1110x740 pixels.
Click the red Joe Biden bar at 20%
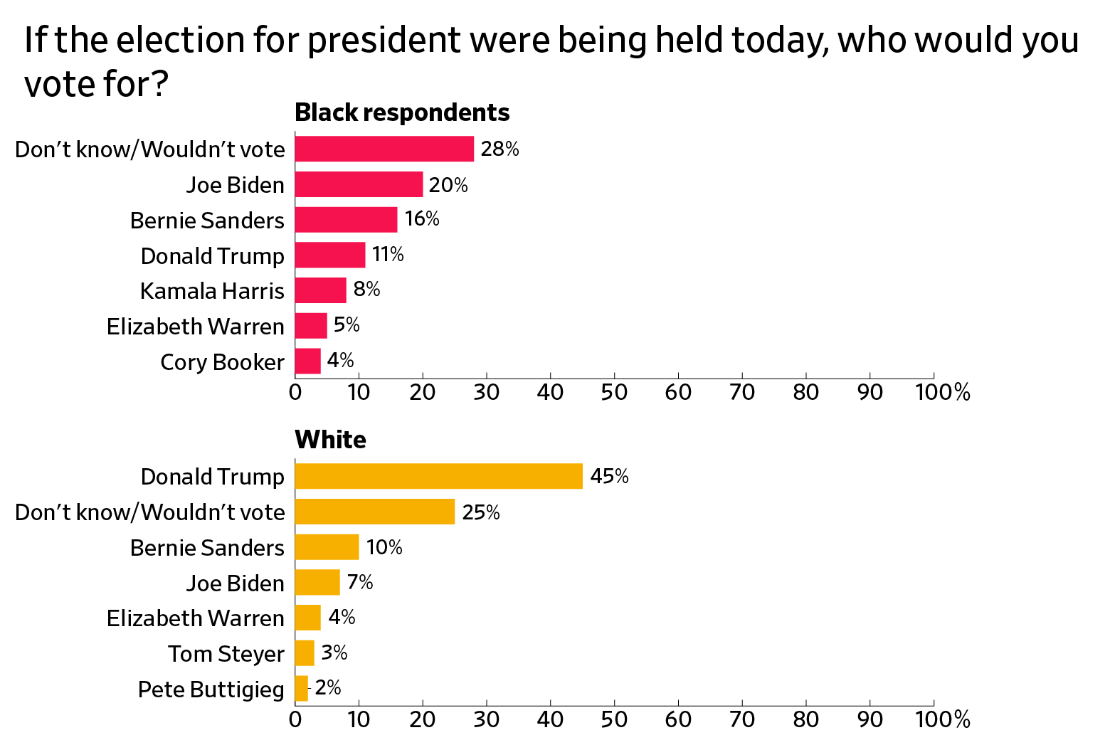point(359,184)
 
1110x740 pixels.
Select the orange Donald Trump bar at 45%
point(438,476)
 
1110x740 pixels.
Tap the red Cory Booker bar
point(307,361)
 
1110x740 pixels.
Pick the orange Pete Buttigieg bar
point(302,689)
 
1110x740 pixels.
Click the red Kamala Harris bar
point(320,290)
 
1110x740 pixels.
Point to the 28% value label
point(499,149)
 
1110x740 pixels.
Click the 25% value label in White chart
point(481,512)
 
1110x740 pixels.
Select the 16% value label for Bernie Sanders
point(422,219)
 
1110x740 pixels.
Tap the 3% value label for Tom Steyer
point(334,652)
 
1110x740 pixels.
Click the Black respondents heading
point(402,112)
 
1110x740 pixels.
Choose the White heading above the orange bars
point(330,440)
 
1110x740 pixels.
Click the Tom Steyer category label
point(226,653)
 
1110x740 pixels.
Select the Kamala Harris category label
point(212,291)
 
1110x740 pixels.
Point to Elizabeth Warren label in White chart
point(196,618)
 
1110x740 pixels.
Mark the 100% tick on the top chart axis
point(942,392)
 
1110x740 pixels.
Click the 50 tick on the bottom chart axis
point(614,719)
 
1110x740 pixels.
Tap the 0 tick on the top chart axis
point(295,392)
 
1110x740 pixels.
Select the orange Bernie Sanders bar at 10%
point(327,547)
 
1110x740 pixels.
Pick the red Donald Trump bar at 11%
point(330,255)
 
